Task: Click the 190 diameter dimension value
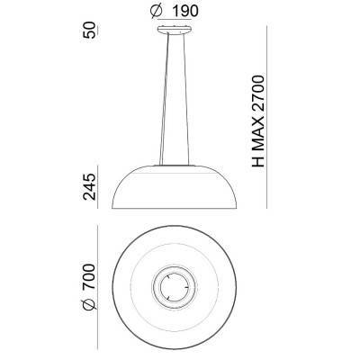(x=185, y=12)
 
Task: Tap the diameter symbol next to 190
(x=157, y=12)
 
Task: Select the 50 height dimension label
(x=90, y=30)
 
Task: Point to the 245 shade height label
(x=90, y=187)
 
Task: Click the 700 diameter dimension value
(x=89, y=276)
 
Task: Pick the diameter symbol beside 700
(x=89, y=303)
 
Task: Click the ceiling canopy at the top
(x=175, y=30)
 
